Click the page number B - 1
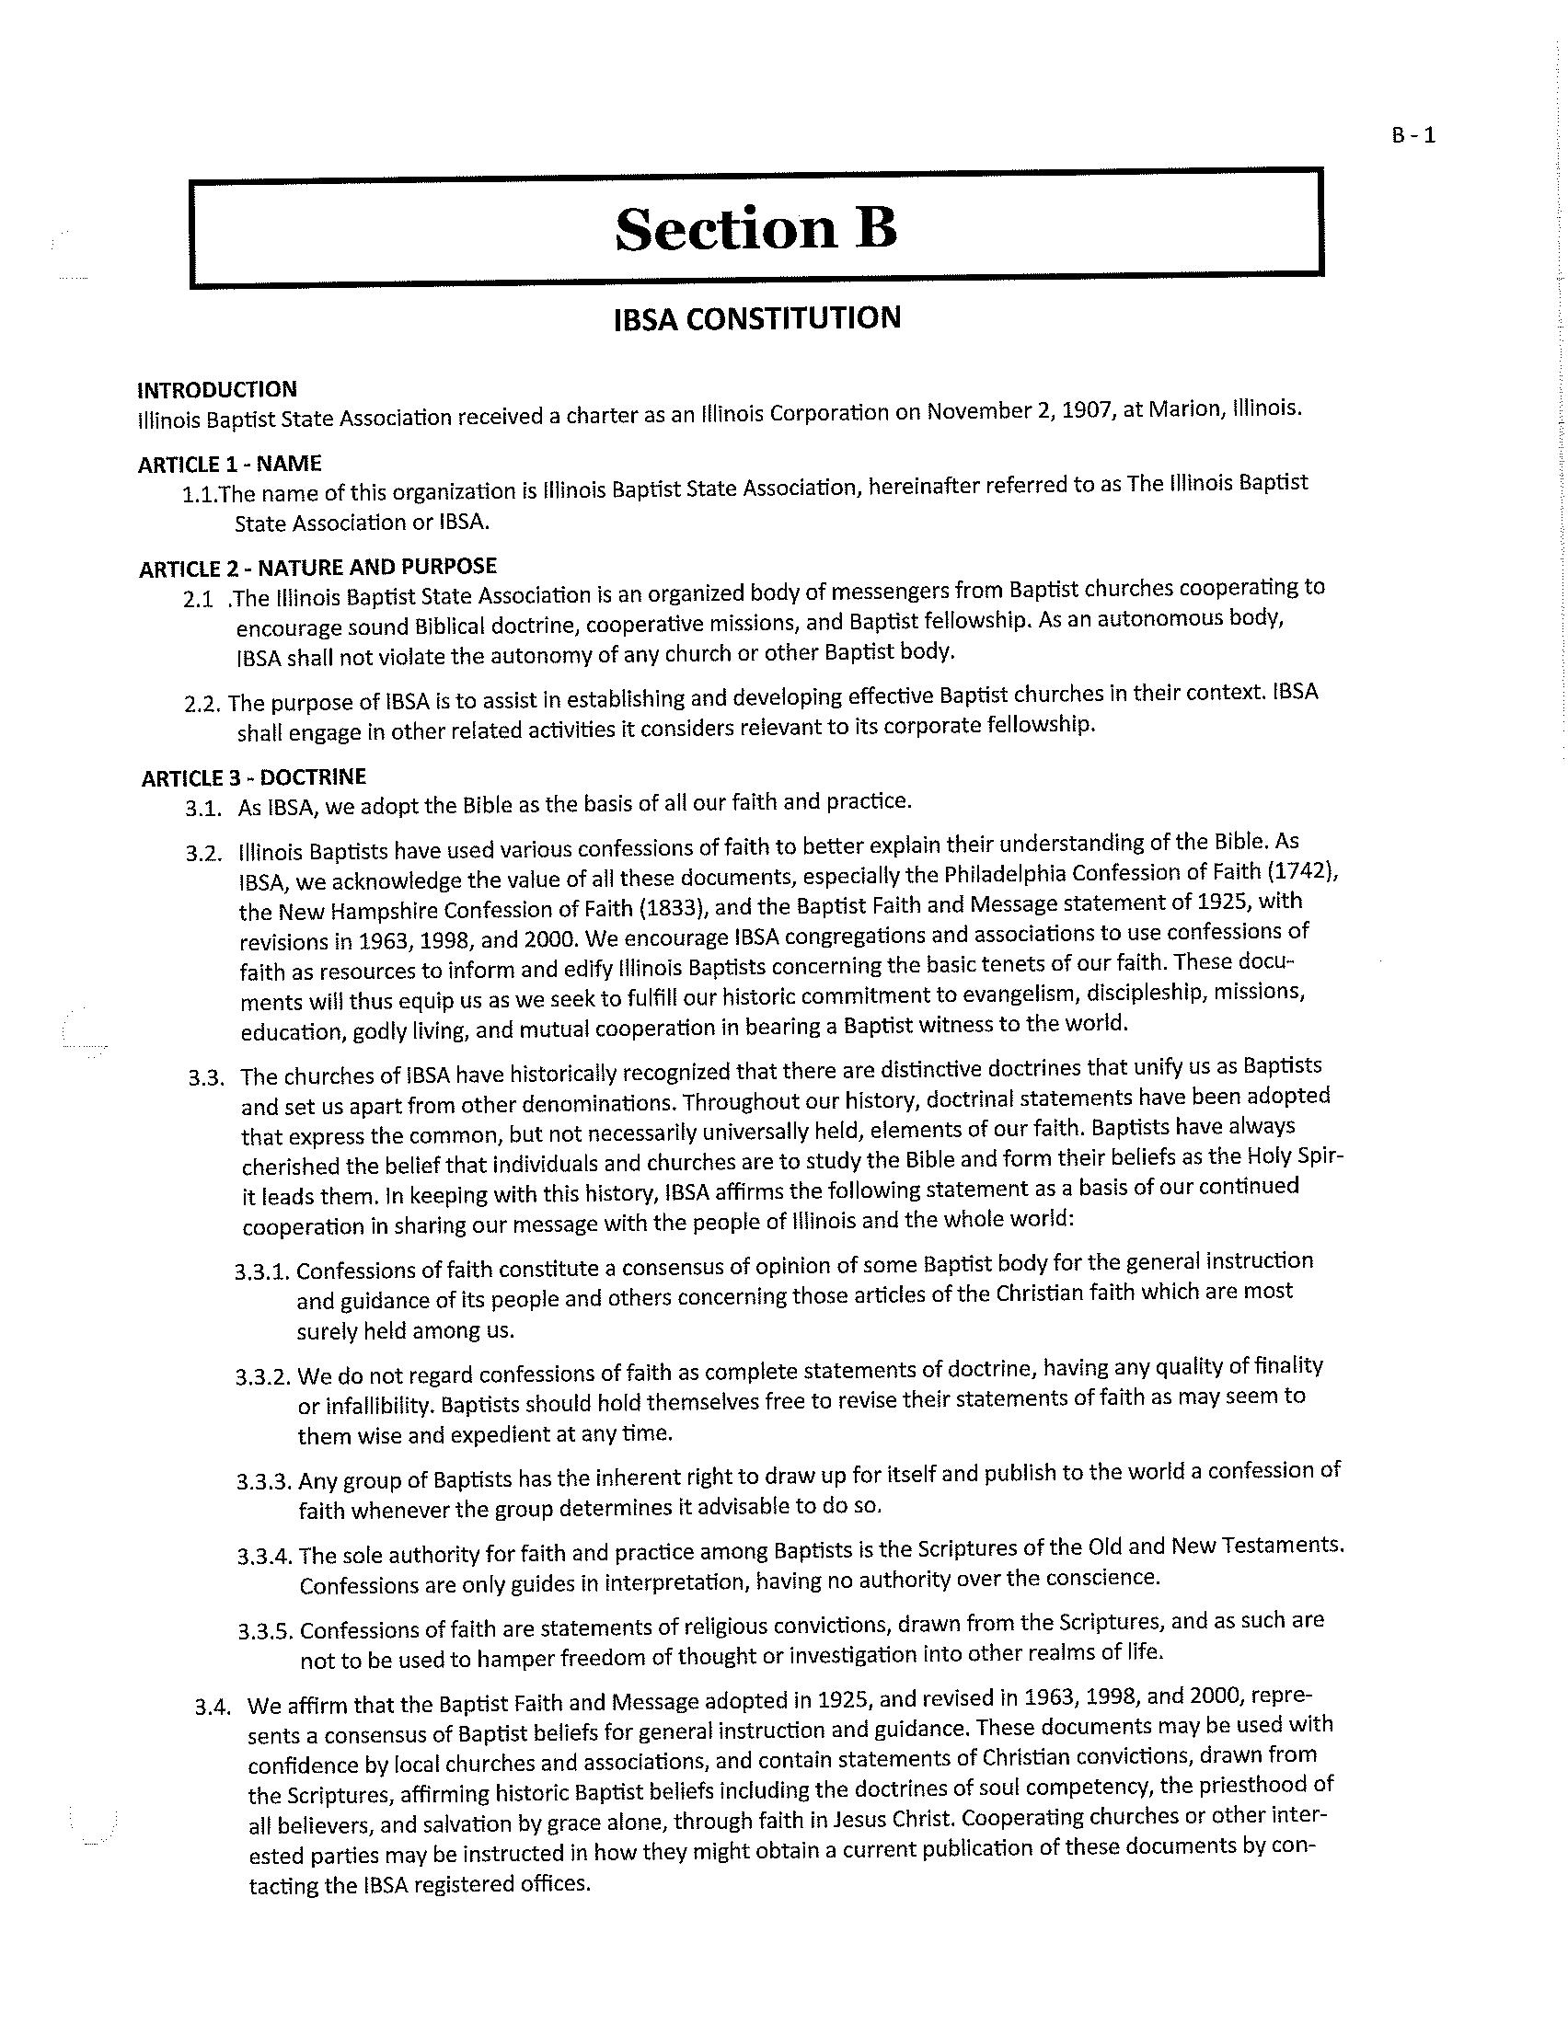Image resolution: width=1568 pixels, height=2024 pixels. point(1412,135)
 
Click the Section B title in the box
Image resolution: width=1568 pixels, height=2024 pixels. point(756,228)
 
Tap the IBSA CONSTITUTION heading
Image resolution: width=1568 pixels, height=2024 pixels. point(756,318)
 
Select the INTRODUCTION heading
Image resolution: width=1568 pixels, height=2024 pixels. point(217,389)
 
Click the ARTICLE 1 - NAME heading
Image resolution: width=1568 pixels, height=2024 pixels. point(230,464)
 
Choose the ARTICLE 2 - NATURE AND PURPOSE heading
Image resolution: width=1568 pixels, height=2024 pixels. point(317,567)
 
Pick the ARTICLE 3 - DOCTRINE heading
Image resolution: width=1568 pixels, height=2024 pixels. point(254,776)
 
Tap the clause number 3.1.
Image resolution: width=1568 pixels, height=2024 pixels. point(203,809)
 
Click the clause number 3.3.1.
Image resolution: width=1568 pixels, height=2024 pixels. point(262,1271)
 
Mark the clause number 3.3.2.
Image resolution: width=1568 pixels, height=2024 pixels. point(263,1374)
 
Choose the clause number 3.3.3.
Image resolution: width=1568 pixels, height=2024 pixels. point(264,1481)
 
